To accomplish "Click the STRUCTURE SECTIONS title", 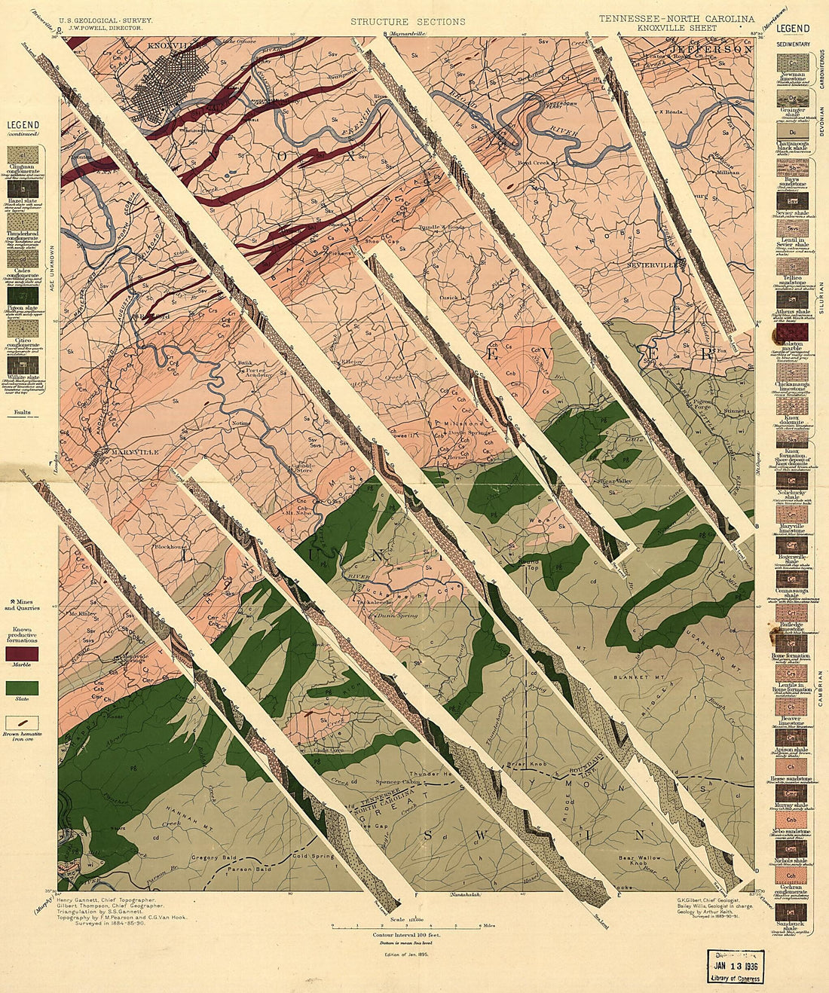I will coord(408,22).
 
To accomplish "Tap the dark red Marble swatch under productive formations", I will coord(22,654).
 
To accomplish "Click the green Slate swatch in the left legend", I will coord(22,688).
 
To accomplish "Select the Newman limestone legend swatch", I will coord(792,61).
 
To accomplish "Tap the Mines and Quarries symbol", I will coord(14,601).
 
